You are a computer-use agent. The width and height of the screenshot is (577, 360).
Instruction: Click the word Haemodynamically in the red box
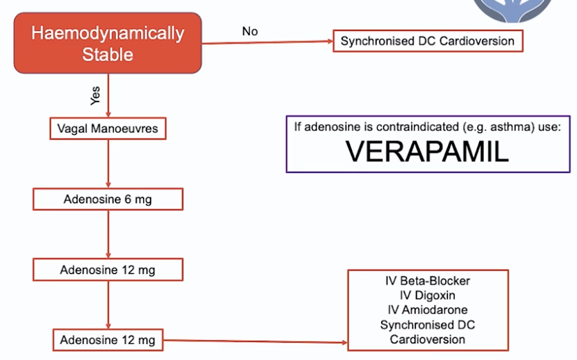[108, 33]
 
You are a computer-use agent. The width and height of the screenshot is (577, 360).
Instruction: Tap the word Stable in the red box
[108, 54]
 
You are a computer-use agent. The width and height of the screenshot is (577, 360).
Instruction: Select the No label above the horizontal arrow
[250, 31]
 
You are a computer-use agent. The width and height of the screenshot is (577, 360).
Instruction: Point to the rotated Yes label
[95, 95]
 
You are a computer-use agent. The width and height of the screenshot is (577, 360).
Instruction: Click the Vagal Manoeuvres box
[108, 128]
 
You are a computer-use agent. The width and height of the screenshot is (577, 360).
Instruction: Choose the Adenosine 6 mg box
[108, 199]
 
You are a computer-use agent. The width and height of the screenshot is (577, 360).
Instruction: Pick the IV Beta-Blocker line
[427, 281]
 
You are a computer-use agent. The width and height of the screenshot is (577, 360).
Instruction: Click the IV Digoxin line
[427, 295]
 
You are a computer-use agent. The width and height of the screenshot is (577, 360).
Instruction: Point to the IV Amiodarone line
[427, 310]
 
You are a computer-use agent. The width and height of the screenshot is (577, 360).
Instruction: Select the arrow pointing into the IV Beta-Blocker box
[255, 341]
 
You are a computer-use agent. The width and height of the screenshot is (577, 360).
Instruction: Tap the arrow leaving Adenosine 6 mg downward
[108, 234]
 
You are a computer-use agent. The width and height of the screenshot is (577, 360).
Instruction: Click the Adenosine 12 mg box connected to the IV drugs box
[108, 340]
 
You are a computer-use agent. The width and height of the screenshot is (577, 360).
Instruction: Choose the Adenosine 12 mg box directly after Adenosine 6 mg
[108, 270]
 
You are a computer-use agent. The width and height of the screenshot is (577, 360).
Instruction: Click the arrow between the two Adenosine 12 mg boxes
[108, 305]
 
